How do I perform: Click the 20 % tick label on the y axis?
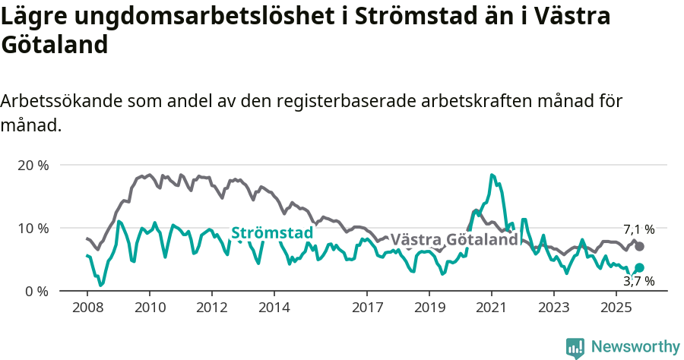tap(33, 166)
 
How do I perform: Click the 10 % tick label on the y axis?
tap(33, 229)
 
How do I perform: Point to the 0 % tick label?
tap(36, 292)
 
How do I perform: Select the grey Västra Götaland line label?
tap(454, 240)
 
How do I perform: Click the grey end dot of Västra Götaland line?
tap(640, 246)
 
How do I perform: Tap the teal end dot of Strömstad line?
tap(640, 267)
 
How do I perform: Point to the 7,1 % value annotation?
tap(639, 229)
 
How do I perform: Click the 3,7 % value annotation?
tap(639, 282)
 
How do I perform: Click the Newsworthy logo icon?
tap(575, 347)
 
